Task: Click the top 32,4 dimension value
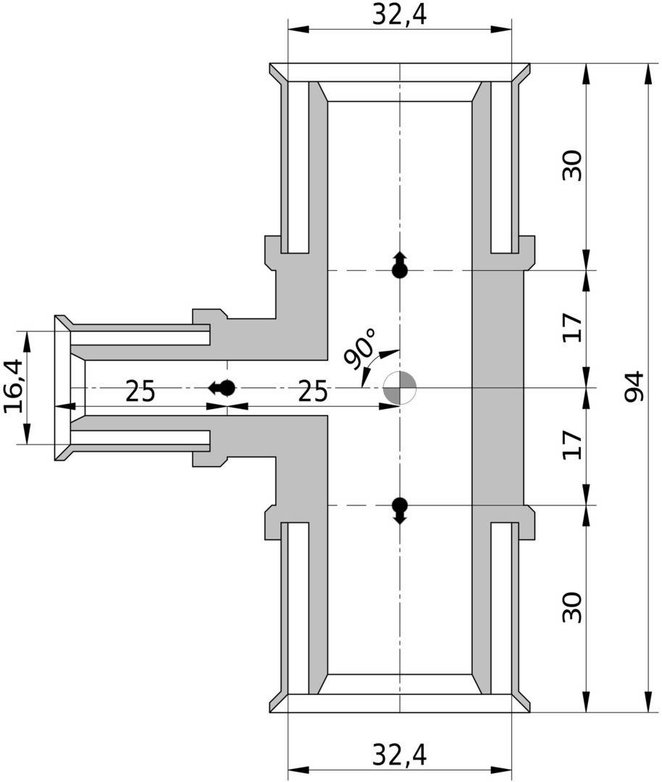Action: (400, 15)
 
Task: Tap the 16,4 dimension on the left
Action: (13, 387)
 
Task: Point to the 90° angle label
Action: (360, 348)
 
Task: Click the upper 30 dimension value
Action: (571, 166)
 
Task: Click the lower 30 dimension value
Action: (571, 607)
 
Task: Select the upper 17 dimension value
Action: (571, 328)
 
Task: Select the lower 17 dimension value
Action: (571, 445)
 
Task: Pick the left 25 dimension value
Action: (141, 391)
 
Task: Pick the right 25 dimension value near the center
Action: (313, 391)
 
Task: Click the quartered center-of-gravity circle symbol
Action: (400, 387)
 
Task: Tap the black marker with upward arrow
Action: (400, 265)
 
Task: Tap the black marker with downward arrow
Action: (400, 510)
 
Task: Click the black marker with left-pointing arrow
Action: (222, 387)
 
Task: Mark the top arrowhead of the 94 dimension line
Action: (648, 72)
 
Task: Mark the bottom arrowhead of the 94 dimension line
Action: (648, 702)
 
